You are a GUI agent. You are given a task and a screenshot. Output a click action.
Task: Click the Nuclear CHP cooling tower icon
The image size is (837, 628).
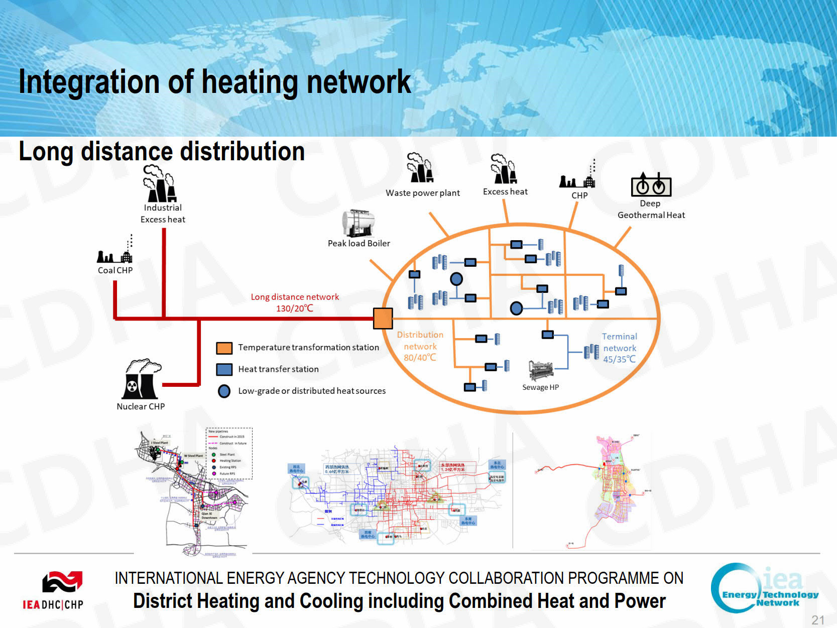[x=141, y=379]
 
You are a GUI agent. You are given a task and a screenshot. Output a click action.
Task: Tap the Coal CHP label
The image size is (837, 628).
[x=115, y=270]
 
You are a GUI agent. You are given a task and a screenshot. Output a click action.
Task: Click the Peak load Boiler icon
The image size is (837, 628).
[x=358, y=223]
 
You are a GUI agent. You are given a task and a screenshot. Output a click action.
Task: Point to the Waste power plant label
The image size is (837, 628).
[x=422, y=193]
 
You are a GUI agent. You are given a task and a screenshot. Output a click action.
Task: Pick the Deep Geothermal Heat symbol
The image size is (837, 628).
[x=651, y=185]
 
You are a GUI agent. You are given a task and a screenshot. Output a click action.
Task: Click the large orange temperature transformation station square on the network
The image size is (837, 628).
[x=383, y=319]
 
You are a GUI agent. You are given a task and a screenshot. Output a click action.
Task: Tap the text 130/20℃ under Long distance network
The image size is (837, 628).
[x=295, y=308]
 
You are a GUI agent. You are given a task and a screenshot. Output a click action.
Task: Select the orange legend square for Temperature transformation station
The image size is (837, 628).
[x=224, y=348]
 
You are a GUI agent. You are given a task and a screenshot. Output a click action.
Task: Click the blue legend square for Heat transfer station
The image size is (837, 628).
[x=224, y=369]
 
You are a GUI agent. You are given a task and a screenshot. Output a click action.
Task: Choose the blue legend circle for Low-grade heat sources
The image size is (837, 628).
[x=224, y=391]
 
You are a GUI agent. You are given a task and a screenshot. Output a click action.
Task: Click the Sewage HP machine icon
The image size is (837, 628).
[x=540, y=371]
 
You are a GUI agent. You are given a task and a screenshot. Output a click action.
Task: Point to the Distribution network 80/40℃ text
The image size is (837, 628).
[x=420, y=346]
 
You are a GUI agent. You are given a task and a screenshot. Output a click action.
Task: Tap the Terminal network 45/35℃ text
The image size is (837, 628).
[x=620, y=348]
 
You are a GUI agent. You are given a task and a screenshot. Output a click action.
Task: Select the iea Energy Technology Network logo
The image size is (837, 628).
[x=764, y=588]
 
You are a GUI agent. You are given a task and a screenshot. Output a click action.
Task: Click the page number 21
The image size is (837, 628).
[x=818, y=620]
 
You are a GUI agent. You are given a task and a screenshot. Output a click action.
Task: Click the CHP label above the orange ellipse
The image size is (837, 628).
[x=579, y=195]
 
